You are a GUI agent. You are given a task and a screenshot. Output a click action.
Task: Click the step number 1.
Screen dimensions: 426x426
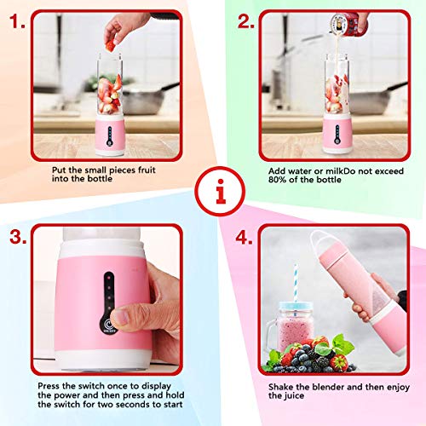point(17,21)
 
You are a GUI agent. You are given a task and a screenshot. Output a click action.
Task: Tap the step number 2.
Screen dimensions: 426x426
point(245,21)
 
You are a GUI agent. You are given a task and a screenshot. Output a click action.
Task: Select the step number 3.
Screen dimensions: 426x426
point(18,237)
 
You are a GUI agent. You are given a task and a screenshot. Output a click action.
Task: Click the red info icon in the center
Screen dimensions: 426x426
point(220,191)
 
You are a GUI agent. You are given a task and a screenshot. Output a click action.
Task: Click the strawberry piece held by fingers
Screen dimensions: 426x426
point(110,46)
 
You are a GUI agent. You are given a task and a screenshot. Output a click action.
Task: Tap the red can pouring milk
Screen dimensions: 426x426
point(348,24)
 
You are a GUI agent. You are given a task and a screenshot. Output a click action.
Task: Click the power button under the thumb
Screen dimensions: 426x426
point(107,325)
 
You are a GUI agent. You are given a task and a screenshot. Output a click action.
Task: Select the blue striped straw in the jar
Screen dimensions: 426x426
point(296,285)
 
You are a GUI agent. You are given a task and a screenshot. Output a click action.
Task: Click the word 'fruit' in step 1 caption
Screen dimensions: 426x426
point(147,170)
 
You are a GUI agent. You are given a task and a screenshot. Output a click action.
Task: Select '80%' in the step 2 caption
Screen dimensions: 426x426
point(277,180)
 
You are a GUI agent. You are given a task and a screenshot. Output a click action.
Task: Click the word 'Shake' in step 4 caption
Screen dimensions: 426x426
point(281,387)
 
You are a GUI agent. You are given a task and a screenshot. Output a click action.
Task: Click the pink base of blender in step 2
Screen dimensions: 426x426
point(337,134)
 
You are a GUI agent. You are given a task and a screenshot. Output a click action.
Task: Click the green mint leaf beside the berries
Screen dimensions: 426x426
point(343,344)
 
